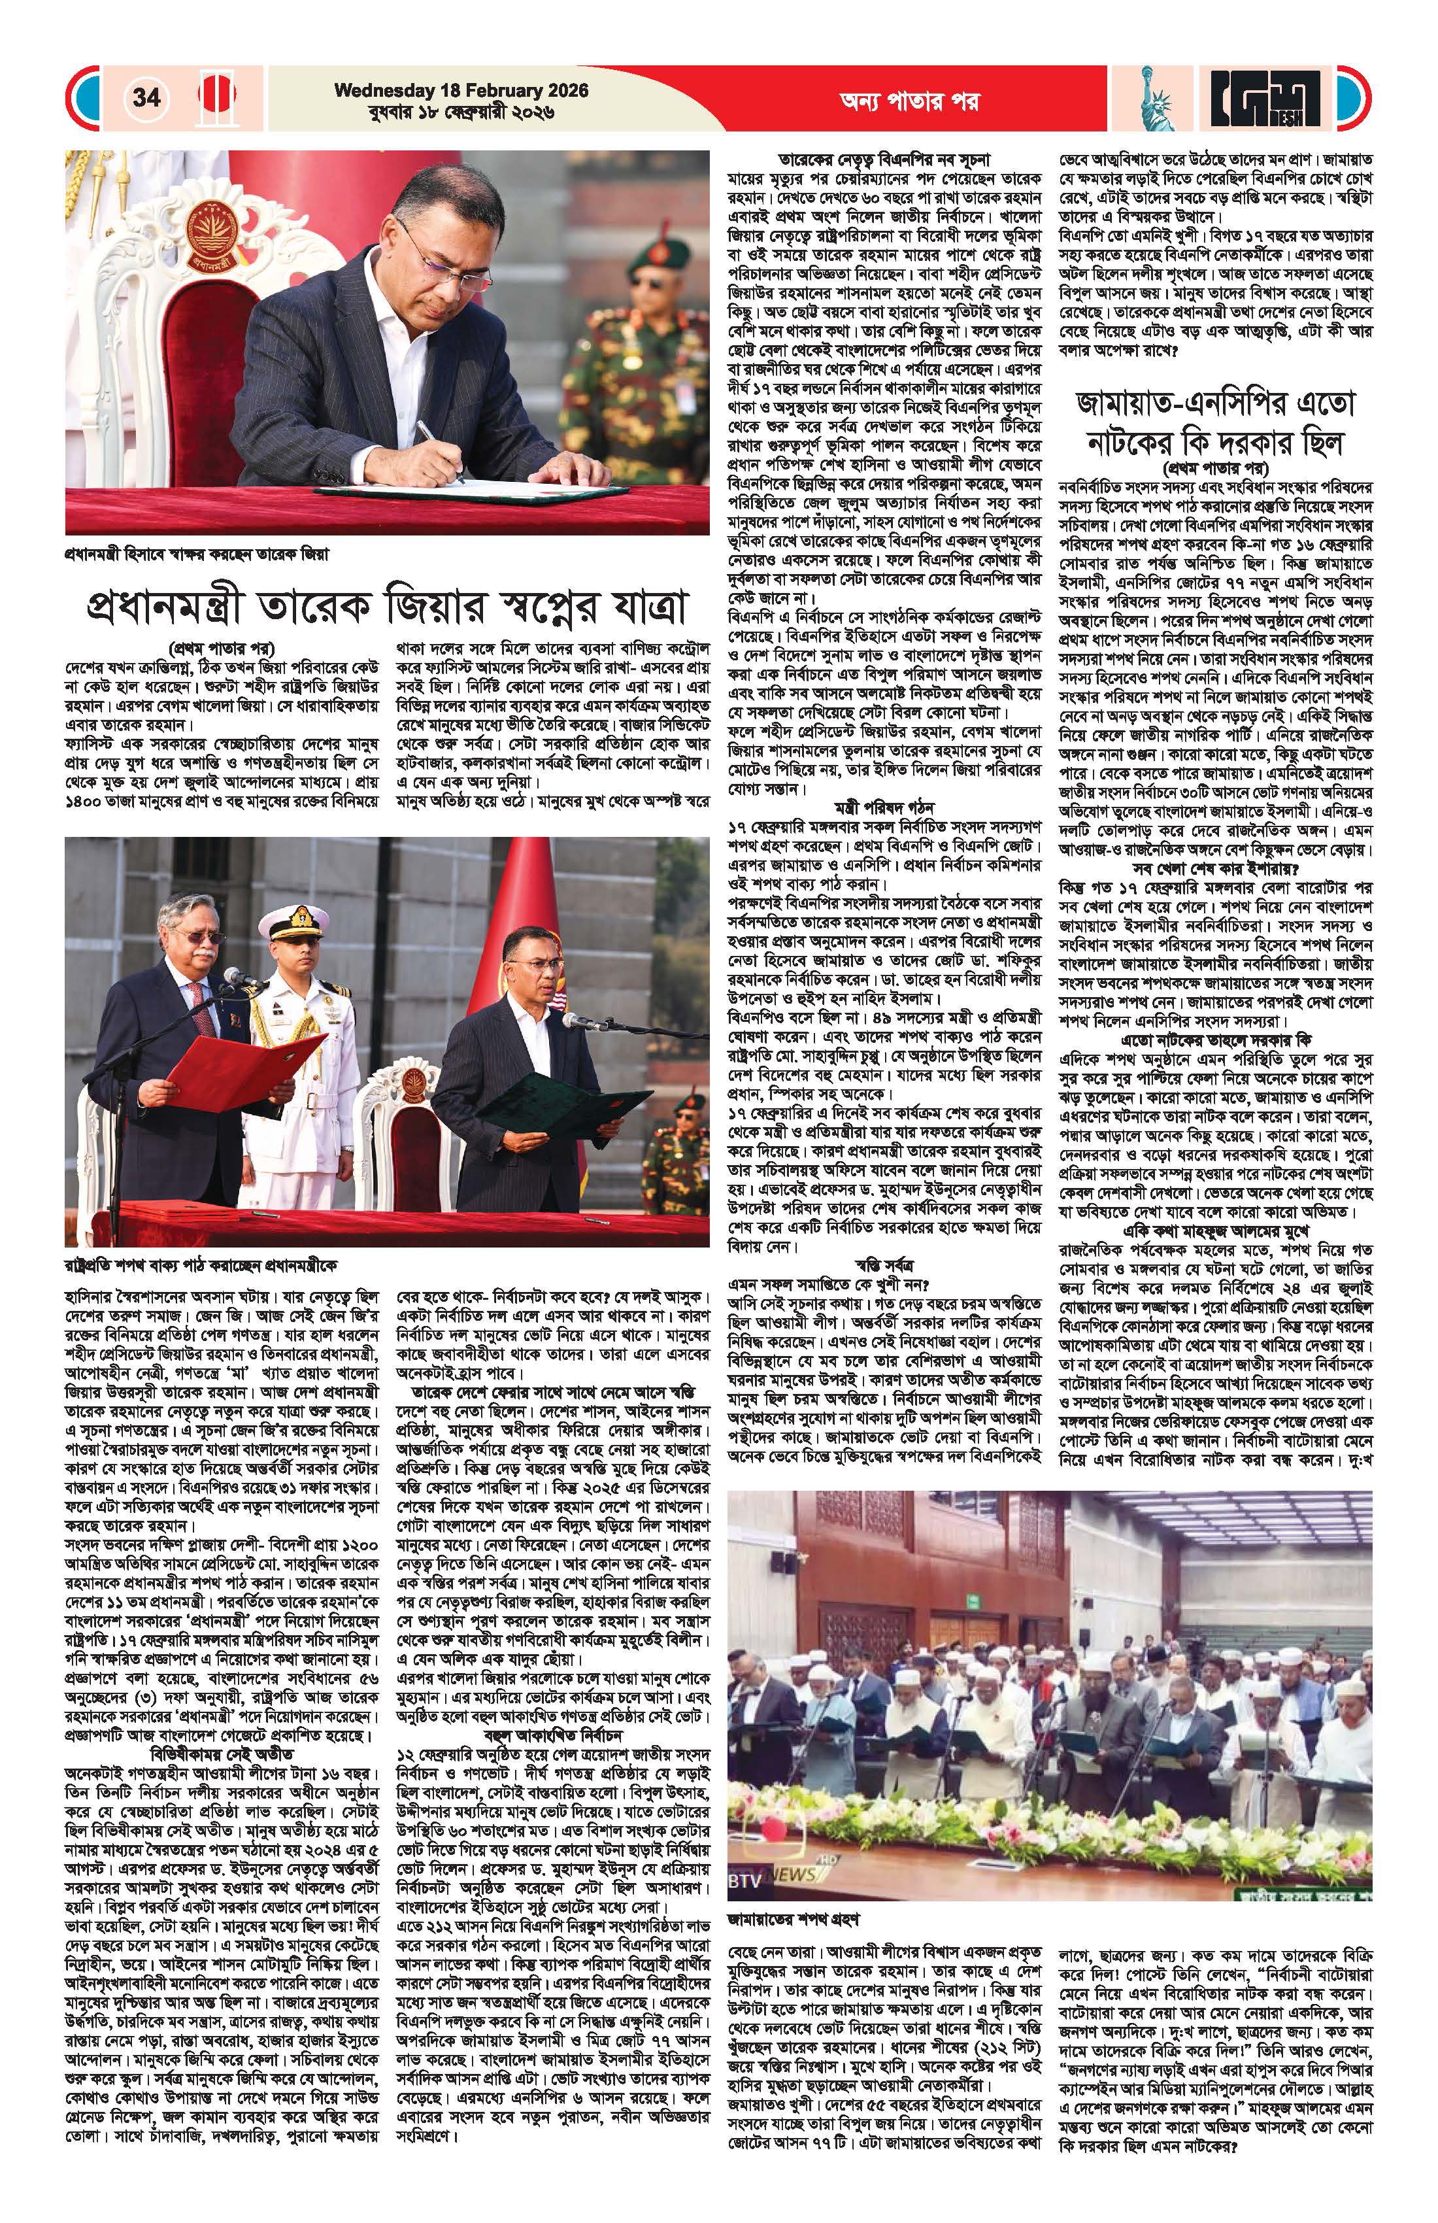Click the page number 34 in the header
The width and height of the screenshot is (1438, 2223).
pos(146,97)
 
